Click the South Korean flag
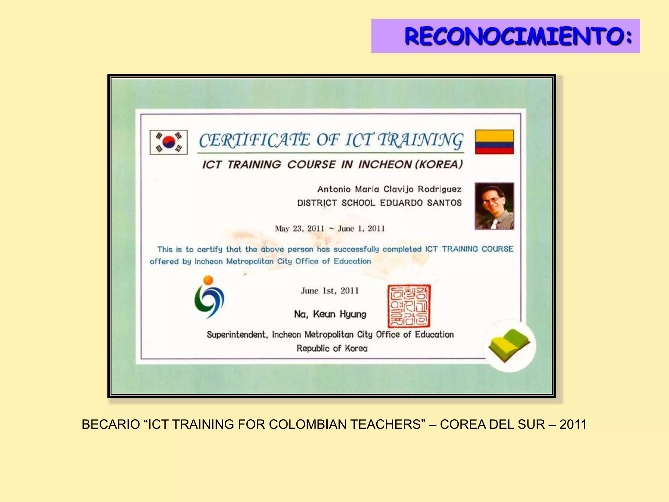pyautogui.click(x=169, y=142)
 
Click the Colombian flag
pyautogui.click(x=494, y=142)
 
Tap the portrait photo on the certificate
pyautogui.click(x=494, y=206)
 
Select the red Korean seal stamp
pyautogui.click(x=409, y=306)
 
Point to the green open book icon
pyautogui.click(x=509, y=345)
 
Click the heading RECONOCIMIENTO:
pyautogui.click(x=518, y=36)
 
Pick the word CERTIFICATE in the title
pyautogui.click(x=254, y=140)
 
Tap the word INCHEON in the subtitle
pyautogui.click(x=385, y=164)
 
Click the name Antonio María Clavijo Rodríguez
pyautogui.click(x=389, y=189)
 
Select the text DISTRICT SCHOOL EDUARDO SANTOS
pyautogui.click(x=379, y=203)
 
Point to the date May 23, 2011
pyautogui.click(x=300, y=228)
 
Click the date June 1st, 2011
pyautogui.click(x=330, y=291)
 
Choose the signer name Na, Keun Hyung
pyautogui.click(x=330, y=314)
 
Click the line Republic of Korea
pyautogui.click(x=332, y=348)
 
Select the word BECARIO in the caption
pyautogui.click(x=111, y=425)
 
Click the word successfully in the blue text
pyautogui.click(x=356, y=249)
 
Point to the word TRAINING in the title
pyautogui.click(x=420, y=140)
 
